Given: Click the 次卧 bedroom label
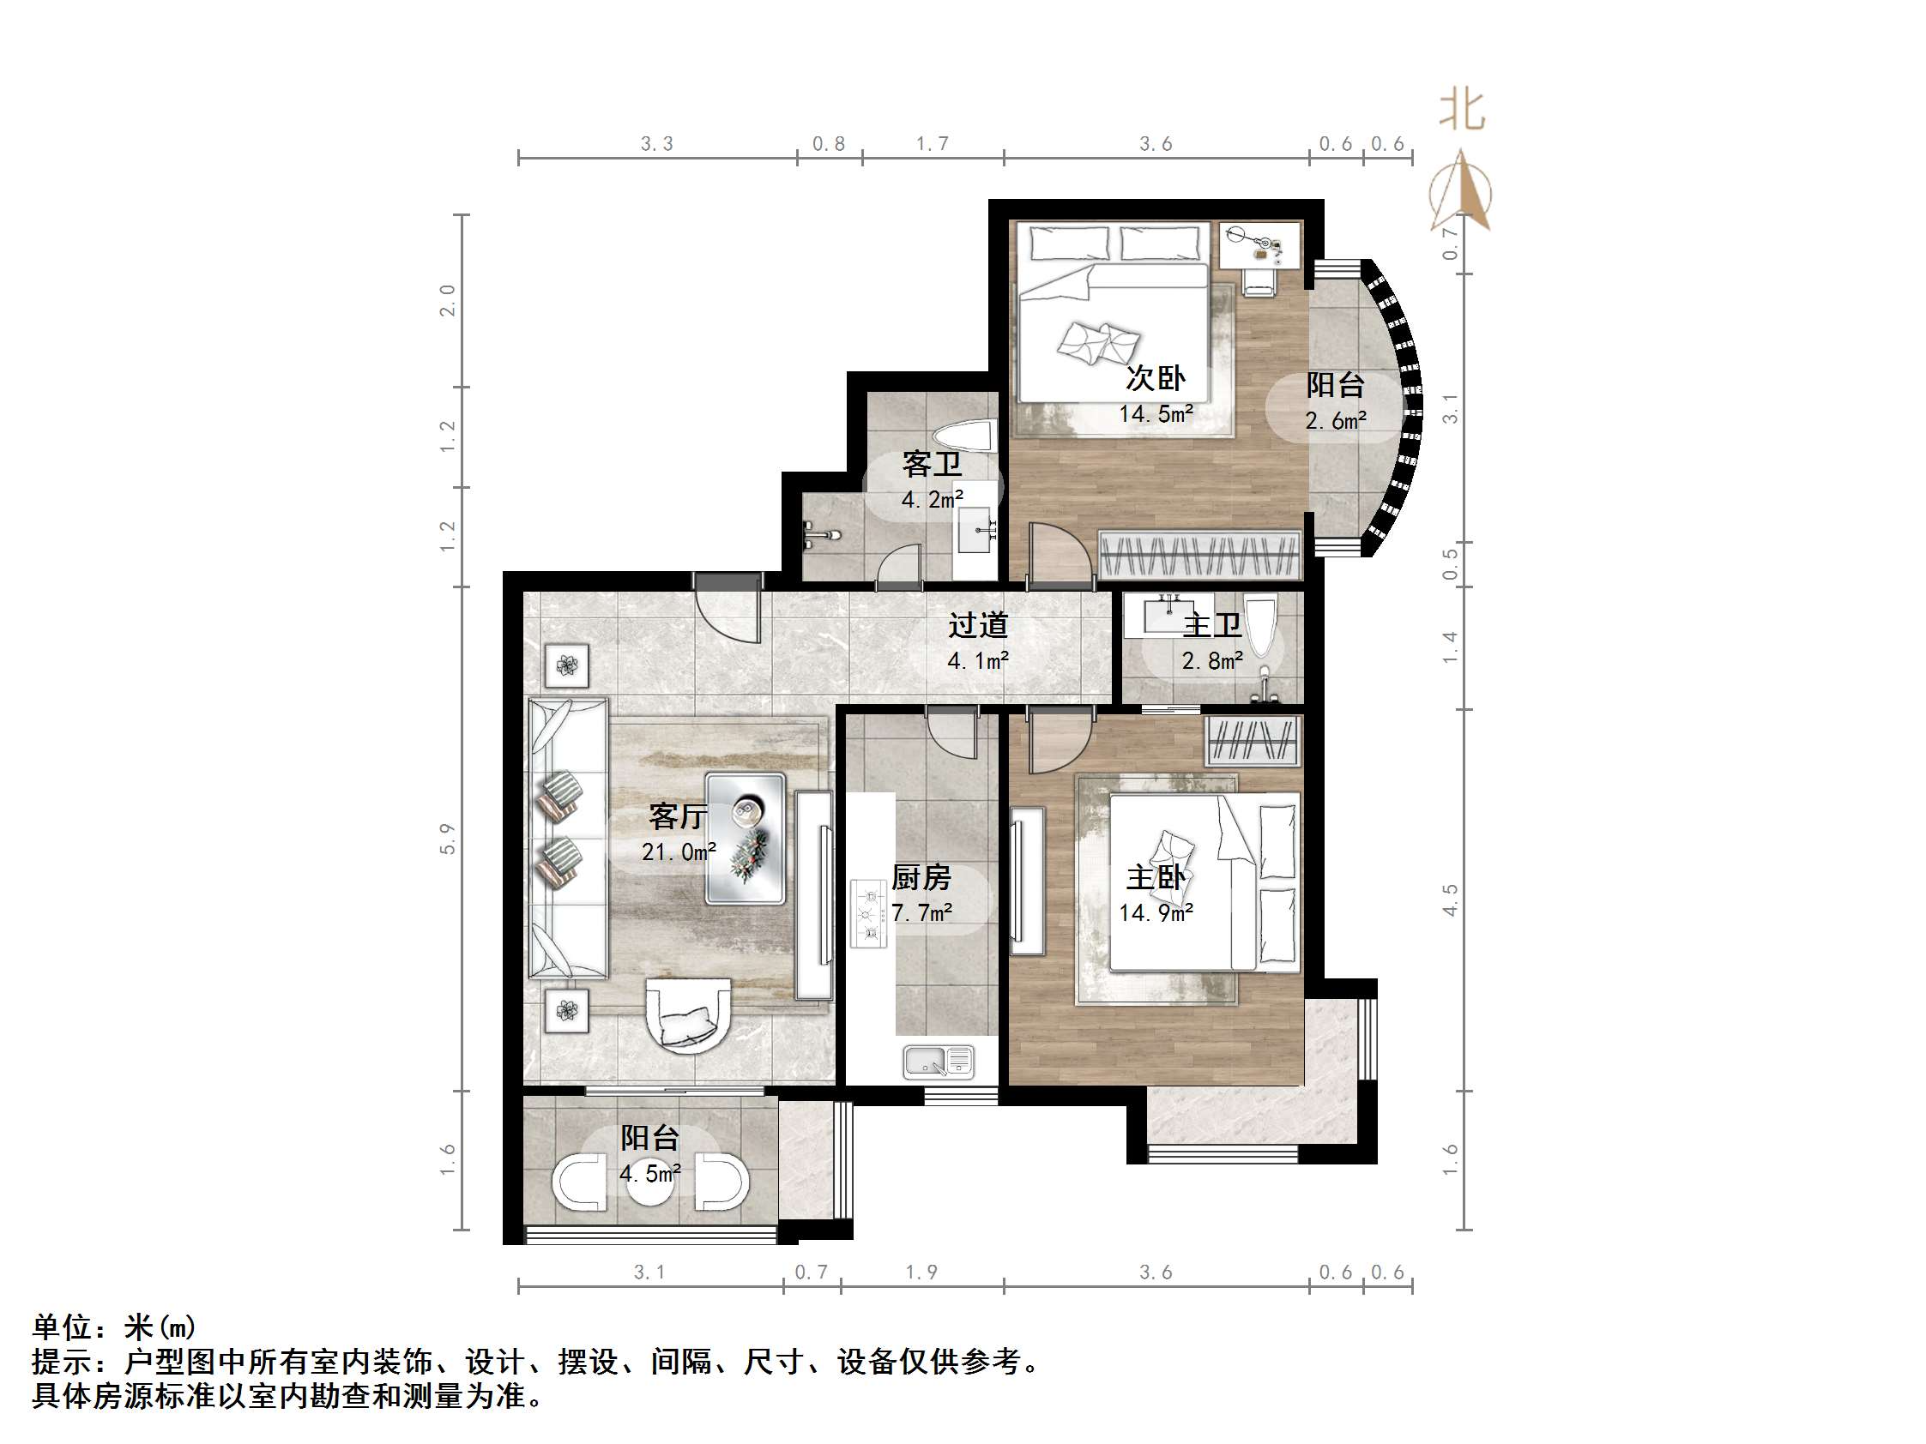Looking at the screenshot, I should pyautogui.click(x=1156, y=379).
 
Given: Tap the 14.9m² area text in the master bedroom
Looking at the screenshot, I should pyautogui.click(x=1156, y=913).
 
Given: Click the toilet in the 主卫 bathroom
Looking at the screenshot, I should pyautogui.click(x=1262, y=625).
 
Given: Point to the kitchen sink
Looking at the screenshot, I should pyautogui.click(x=938, y=1062).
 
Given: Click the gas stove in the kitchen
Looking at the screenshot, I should pyautogui.click(x=868, y=914).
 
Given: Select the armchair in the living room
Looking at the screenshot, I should pyautogui.click(x=688, y=1015).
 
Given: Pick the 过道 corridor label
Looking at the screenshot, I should pyautogui.click(x=978, y=625).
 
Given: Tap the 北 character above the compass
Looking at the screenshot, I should pyautogui.click(x=1462, y=111).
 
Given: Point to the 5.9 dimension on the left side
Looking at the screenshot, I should pyautogui.click(x=448, y=839).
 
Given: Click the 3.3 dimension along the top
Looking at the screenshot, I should pyautogui.click(x=656, y=143).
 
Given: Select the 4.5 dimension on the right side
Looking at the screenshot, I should pyautogui.click(x=1450, y=899).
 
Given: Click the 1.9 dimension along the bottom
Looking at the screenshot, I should pyautogui.click(x=921, y=1273).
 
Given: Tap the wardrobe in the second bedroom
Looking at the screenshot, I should pyautogui.click(x=1200, y=556).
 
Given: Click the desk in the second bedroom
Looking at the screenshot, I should pyautogui.click(x=1260, y=244).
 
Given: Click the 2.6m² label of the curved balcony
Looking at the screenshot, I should pyautogui.click(x=1335, y=421).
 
